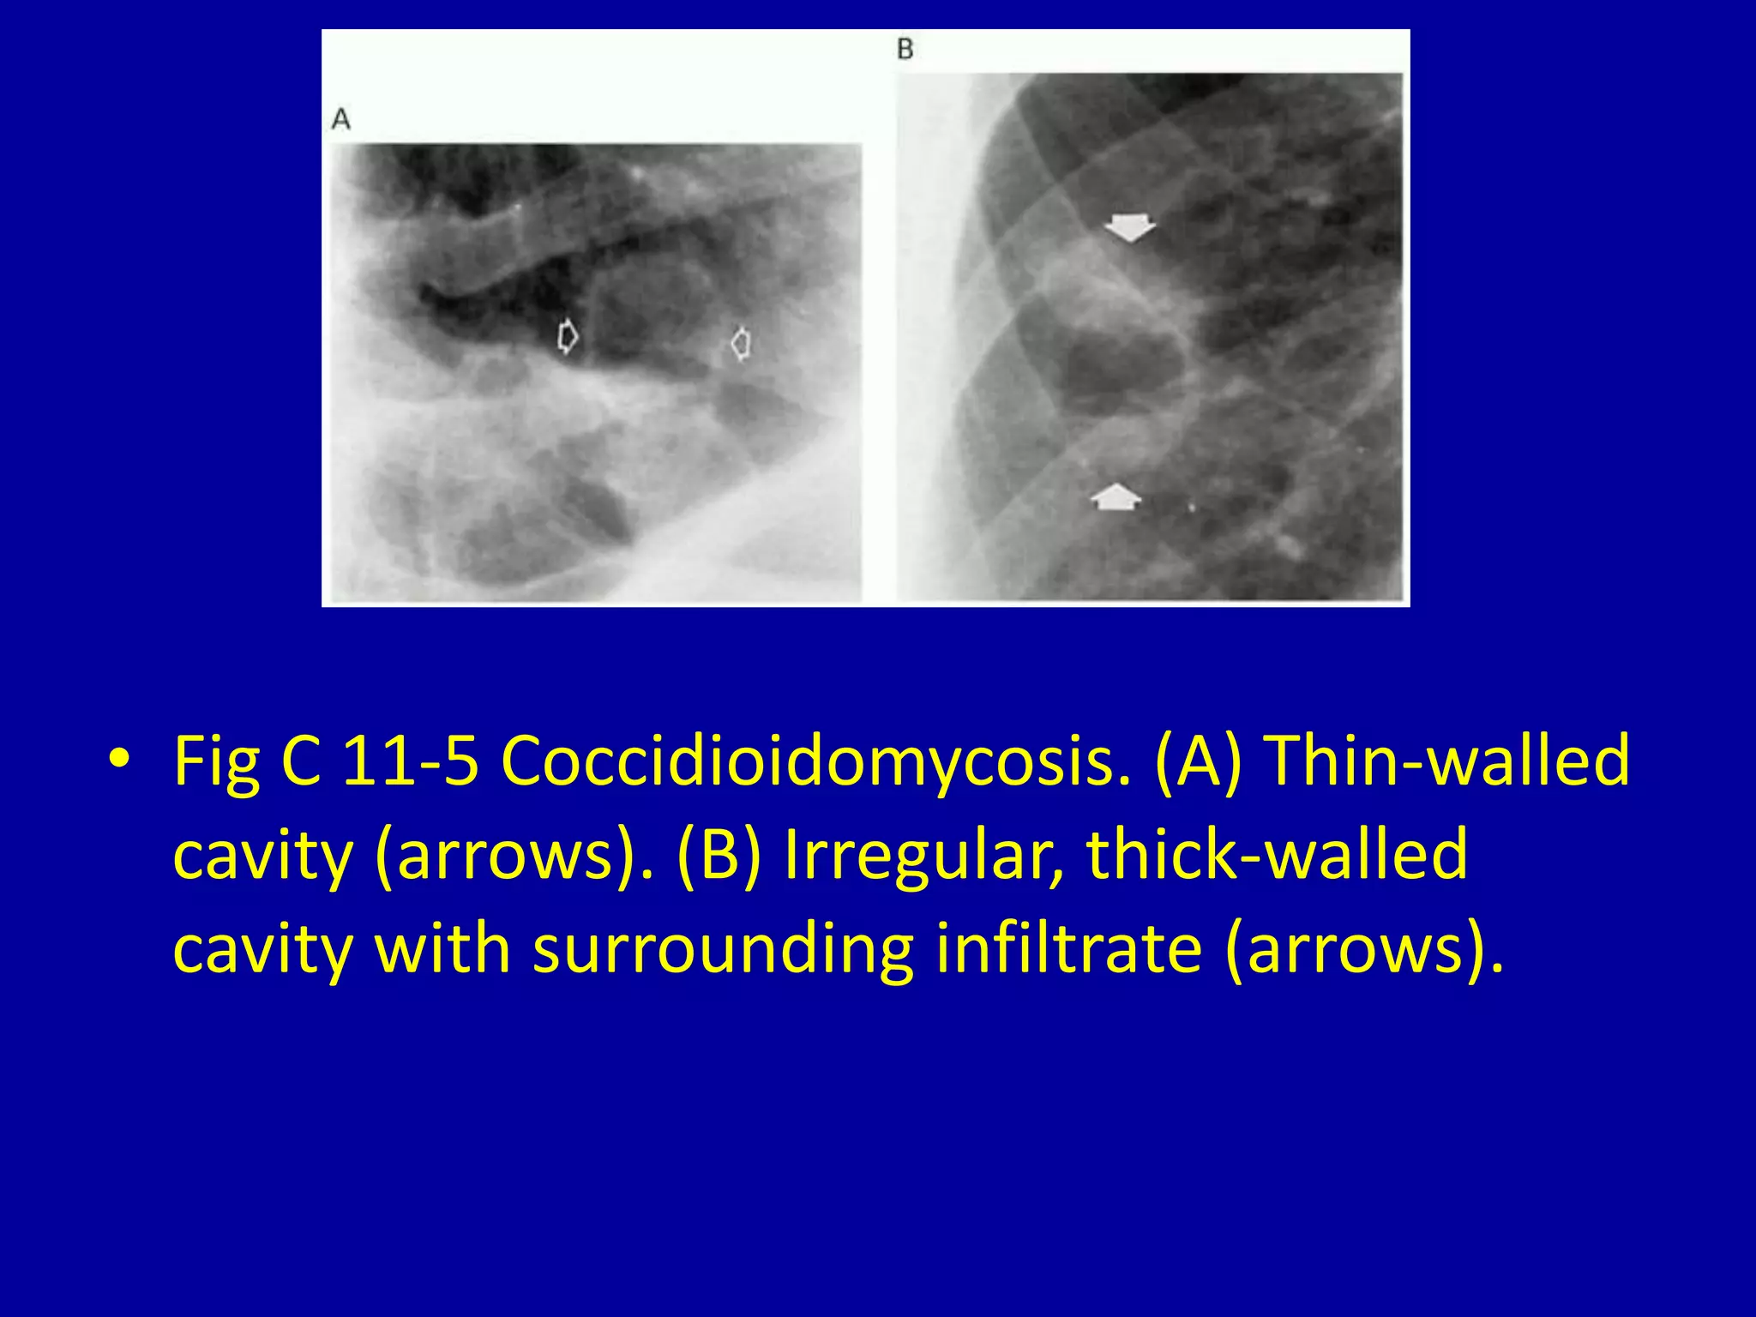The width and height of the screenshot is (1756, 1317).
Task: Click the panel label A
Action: pos(341,119)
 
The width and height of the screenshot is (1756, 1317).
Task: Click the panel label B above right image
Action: pos(905,49)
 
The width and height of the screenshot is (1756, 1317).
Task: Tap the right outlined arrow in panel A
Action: pos(742,344)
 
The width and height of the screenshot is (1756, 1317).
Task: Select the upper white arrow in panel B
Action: pos(1129,228)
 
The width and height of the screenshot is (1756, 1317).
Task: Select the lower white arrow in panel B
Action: pos(1116,496)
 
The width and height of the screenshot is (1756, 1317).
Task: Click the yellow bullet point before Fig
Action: pos(119,760)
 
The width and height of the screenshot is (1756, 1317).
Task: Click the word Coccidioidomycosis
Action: pos(815,760)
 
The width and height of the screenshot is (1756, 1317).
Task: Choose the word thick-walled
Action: pos(1277,854)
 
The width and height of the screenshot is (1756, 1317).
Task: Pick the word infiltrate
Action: pos(1068,948)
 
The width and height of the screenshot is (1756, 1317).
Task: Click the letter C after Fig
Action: pos(301,760)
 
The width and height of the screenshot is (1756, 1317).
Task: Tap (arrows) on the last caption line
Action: pos(1363,948)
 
